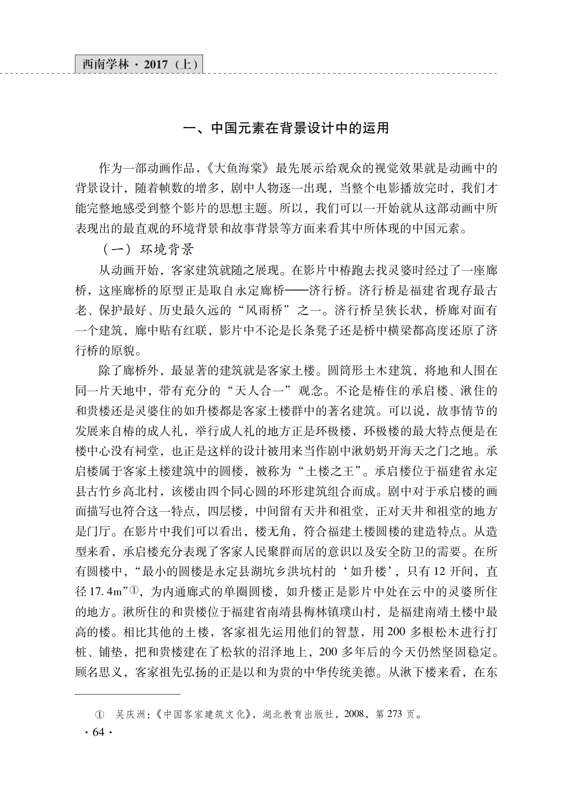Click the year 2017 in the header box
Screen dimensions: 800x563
(x=156, y=64)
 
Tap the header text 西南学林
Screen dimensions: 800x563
(x=106, y=64)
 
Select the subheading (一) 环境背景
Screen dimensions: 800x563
(x=149, y=249)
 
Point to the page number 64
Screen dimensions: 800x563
(x=98, y=732)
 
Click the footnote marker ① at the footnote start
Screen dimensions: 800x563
(x=100, y=715)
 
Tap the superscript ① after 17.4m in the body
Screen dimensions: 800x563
(x=134, y=590)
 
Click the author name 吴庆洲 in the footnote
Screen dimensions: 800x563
(x=130, y=714)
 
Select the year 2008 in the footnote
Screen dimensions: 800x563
(x=354, y=714)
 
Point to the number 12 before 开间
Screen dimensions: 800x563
(x=439, y=572)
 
